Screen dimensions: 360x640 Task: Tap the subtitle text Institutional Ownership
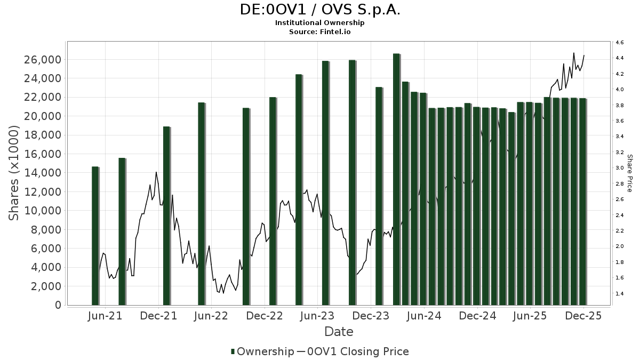[x=319, y=23]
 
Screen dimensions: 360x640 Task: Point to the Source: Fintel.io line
[x=319, y=31]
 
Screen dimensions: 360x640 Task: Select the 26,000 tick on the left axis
[x=42, y=59]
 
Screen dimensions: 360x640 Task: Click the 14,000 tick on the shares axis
[x=42, y=173]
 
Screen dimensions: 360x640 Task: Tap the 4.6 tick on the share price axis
[x=620, y=42]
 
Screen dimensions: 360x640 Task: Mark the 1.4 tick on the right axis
[x=620, y=294]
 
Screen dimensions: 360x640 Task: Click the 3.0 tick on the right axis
[x=620, y=168]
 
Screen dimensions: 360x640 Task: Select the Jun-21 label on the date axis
[x=105, y=316]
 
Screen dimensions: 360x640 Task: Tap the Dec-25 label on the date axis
[x=583, y=316]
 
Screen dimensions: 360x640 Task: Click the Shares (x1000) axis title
[x=14, y=173]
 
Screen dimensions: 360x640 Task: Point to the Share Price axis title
[x=629, y=173]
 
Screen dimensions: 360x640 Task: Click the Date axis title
[x=339, y=332]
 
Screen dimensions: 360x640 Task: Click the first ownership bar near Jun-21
[x=95, y=236]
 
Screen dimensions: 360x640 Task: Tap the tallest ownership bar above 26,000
[x=396, y=179]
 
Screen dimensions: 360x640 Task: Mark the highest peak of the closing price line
[x=574, y=53]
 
